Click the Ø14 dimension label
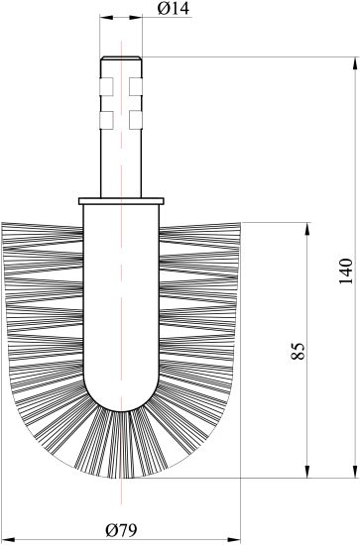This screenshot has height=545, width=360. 173,9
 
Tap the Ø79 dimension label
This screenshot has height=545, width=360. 122,530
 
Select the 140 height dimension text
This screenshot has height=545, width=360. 346,272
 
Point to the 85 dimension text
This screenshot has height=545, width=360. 298,351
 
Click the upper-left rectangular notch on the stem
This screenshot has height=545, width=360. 106,86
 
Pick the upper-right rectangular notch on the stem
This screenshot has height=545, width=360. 136,86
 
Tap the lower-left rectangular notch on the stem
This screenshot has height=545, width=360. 106,120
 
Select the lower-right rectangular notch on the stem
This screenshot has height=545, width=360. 136,120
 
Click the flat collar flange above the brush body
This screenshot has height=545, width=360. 121,201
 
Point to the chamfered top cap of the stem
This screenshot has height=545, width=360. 121,58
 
